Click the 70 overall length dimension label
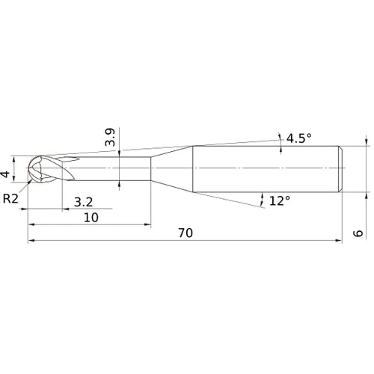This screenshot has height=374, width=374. tap(186, 233)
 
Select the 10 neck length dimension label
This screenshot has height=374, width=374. tap(91, 218)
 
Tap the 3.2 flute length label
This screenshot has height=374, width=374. tap(84, 202)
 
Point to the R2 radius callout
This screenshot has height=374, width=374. tap(10, 198)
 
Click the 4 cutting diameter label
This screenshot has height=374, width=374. tap(5, 174)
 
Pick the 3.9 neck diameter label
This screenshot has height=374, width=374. tap(110, 137)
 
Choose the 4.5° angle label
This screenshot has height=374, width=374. tap(299, 138)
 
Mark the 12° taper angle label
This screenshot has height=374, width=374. tap(280, 200)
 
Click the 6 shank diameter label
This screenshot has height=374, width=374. tap(358, 233)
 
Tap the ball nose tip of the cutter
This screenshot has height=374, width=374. tap(28, 168)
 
